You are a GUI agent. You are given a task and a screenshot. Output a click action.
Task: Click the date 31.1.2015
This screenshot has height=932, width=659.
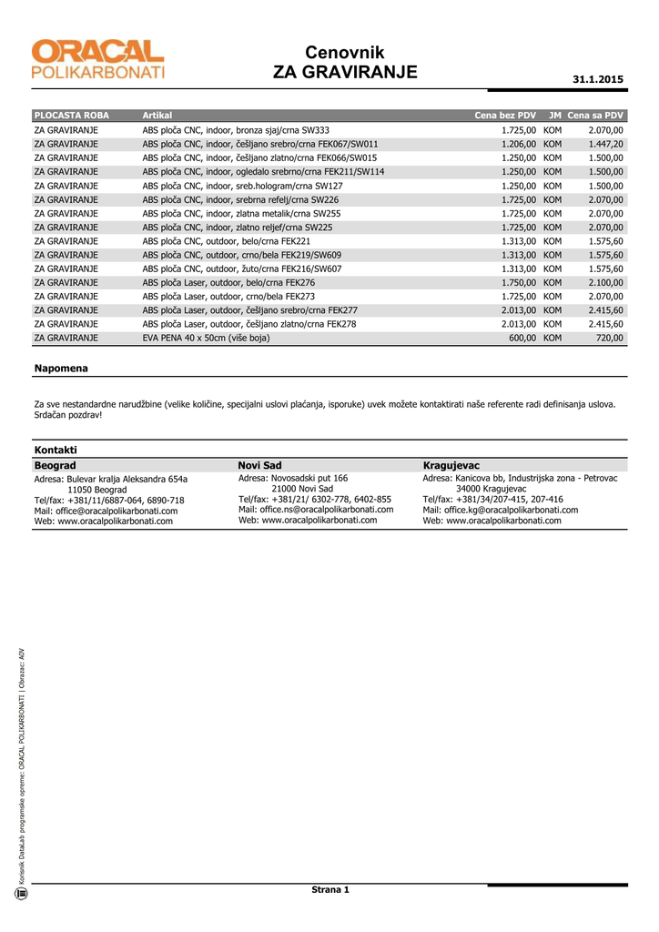598,80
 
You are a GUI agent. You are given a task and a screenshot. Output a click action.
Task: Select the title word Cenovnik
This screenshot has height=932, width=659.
345,53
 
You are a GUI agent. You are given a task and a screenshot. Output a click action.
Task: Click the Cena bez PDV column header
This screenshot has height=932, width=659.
505,116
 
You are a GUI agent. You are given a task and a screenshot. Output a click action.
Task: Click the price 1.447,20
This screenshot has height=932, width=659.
605,144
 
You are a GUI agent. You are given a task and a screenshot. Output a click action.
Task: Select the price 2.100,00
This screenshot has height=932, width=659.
605,282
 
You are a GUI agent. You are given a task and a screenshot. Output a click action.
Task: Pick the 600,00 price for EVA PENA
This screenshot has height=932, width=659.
522,338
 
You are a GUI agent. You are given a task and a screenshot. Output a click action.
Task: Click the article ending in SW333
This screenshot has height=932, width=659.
236,130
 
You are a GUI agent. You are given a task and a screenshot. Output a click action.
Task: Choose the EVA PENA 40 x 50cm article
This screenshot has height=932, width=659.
206,338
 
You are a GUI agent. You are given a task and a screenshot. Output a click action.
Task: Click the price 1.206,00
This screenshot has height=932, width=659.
518,144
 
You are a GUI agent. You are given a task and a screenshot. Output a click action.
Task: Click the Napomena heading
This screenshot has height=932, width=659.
61,368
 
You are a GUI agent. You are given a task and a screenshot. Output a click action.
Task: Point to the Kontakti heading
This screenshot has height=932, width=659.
56,450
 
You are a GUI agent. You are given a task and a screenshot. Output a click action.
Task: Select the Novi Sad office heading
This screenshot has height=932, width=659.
260,465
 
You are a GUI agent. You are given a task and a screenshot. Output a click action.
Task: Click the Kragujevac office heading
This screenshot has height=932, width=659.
451,465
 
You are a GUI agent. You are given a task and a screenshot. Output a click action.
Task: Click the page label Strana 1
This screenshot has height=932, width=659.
330,889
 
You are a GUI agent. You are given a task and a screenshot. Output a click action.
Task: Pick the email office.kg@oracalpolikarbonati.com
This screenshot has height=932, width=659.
501,510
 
